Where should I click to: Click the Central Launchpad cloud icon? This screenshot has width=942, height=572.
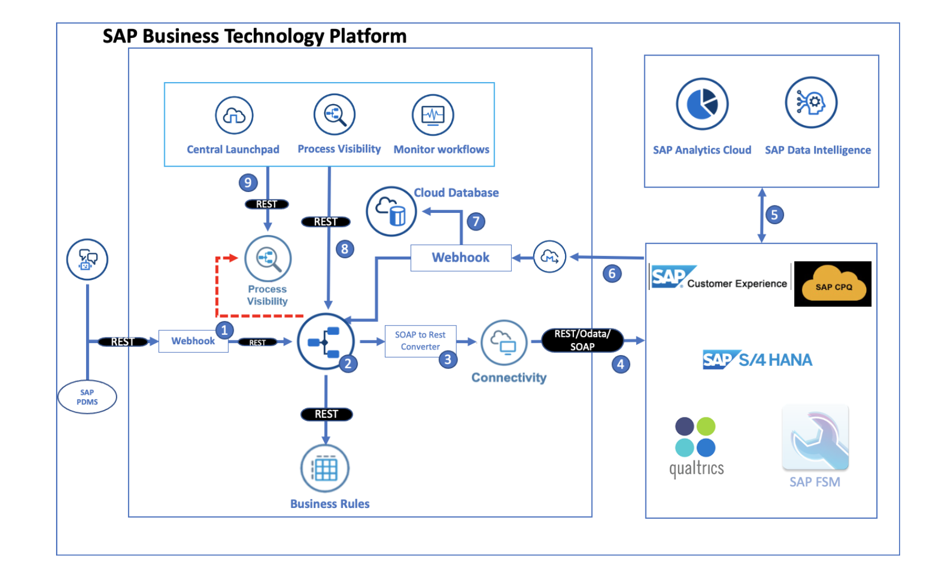click(x=234, y=116)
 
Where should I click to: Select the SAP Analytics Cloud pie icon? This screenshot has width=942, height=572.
click(x=702, y=104)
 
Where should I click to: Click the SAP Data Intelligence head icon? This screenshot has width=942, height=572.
click(x=811, y=103)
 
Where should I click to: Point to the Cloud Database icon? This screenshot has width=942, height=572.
click(x=391, y=212)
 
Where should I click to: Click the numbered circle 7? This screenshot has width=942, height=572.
click(x=476, y=221)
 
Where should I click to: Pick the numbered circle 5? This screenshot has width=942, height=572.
click(x=774, y=215)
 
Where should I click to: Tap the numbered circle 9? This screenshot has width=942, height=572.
click(x=248, y=183)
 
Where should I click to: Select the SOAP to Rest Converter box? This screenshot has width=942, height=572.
click(x=420, y=341)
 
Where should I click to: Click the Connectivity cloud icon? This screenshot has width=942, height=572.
click(x=504, y=342)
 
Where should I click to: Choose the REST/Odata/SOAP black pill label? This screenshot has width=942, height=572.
click(x=582, y=340)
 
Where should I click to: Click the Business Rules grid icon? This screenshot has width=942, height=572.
click(x=325, y=469)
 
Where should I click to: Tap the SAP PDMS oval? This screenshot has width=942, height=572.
click(x=87, y=397)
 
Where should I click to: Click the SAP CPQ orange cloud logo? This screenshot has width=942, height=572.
click(x=833, y=284)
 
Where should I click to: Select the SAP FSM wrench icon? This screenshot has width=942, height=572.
click(x=815, y=438)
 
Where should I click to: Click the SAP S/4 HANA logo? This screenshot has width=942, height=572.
click(x=757, y=360)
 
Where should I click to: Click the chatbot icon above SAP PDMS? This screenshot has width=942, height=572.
click(x=87, y=259)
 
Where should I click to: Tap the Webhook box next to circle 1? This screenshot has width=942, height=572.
click(x=193, y=341)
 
